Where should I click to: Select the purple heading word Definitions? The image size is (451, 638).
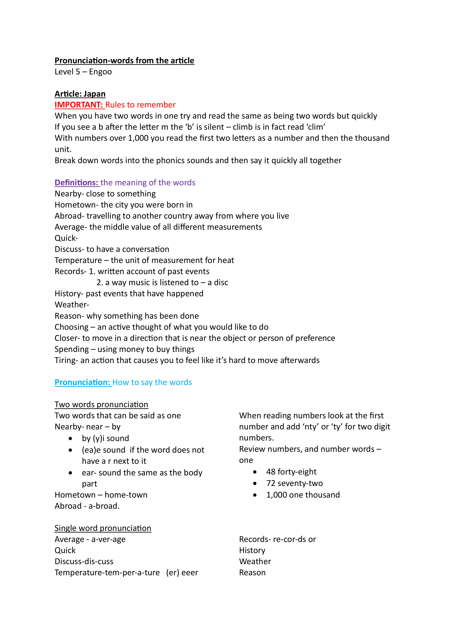tap(76, 183)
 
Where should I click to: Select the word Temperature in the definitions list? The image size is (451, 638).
tap(78, 260)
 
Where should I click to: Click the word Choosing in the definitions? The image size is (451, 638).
tap(71, 327)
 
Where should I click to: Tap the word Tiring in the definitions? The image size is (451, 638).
tap(65, 360)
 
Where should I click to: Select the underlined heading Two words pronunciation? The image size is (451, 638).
tap(101, 405)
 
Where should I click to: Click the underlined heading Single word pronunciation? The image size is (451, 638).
tap(103, 528)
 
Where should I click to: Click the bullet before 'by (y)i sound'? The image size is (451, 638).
tap(71, 438)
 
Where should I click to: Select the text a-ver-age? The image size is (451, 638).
tap(108, 539)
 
